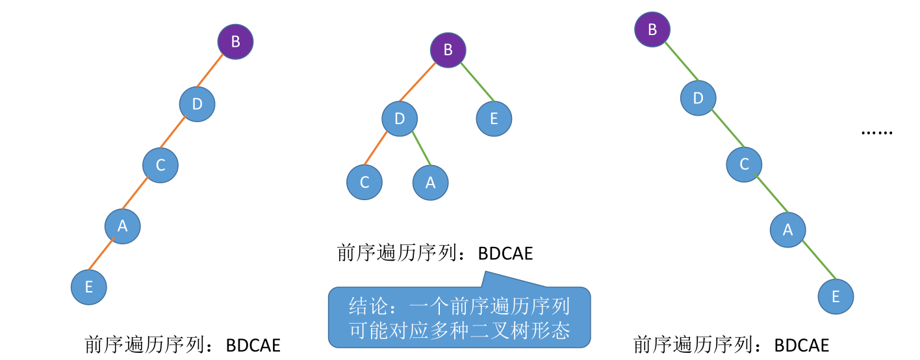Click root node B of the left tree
click(x=235, y=42)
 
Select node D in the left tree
click(x=197, y=103)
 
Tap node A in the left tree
click(x=123, y=226)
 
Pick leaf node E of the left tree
click(x=88, y=287)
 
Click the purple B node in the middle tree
click(x=448, y=49)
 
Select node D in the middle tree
click(x=400, y=118)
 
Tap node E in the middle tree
click(x=494, y=118)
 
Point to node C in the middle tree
click(x=364, y=183)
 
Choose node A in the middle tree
click(x=430, y=183)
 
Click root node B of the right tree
click(x=652, y=29)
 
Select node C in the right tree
click(x=744, y=164)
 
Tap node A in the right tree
click(x=788, y=229)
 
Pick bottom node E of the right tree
click(x=836, y=296)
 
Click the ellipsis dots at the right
click(x=876, y=133)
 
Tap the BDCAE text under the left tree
click(x=253, y=345)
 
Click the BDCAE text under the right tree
click(x=802, y=345)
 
